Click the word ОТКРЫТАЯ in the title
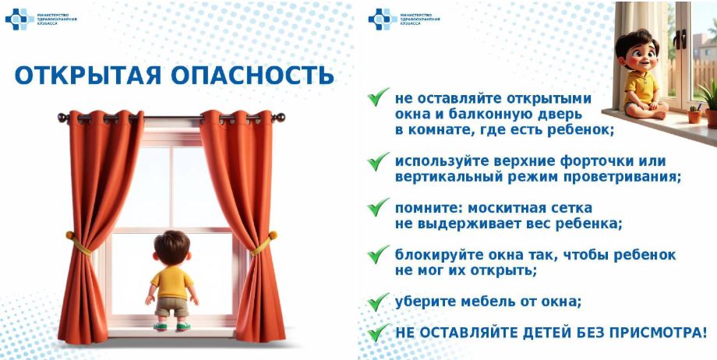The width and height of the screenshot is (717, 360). (87, 76)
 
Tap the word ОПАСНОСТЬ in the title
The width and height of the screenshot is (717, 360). (253, 76)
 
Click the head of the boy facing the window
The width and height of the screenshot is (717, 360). (172, 247)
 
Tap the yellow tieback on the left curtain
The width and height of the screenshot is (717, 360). (78, 243)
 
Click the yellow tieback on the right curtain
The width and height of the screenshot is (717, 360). (265, 243)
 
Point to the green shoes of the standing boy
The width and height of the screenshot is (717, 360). (172, 326)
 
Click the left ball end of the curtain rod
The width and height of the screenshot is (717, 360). (62, 118)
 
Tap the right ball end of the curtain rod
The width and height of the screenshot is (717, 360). (280, 118)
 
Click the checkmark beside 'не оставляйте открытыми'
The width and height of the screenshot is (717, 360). (379, 97)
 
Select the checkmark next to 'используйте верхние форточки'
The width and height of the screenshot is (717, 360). (379, 161)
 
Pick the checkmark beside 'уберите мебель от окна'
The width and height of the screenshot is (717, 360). (379, 302)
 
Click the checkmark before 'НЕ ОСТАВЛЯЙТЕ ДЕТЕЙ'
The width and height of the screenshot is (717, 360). (379, 332)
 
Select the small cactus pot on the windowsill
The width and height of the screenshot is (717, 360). (694, 115)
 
